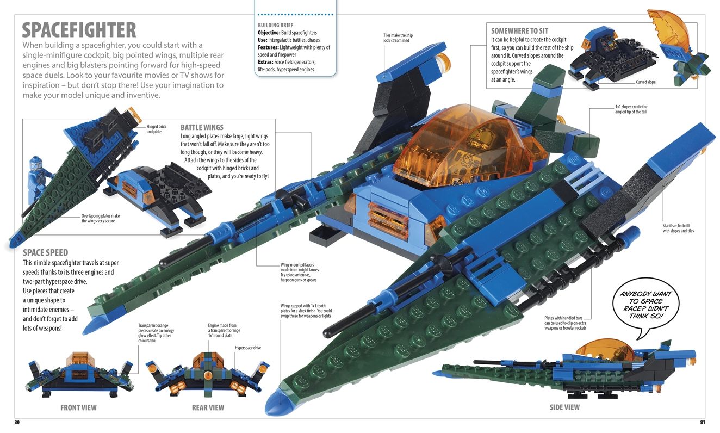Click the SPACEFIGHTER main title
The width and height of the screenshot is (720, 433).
tap(78, 29)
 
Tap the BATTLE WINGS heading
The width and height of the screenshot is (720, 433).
tap(202, 127)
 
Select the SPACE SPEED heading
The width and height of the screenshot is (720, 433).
tap(46, 252)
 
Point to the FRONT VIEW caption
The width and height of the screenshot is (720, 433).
tap(78, 407)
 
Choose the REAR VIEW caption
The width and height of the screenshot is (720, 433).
tap(208, 407)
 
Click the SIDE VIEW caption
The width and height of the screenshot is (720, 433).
tap(564, 407)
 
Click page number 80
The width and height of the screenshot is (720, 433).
tap(17, 422)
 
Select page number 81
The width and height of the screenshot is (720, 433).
tap(703, 422)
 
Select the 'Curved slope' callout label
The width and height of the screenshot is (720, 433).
tap(645, 82)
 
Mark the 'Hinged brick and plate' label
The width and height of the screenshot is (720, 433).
tap(156, 129)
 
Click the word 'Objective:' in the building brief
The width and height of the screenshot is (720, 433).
tap(269, 33)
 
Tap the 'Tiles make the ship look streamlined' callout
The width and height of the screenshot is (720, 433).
tap(398, 38)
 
